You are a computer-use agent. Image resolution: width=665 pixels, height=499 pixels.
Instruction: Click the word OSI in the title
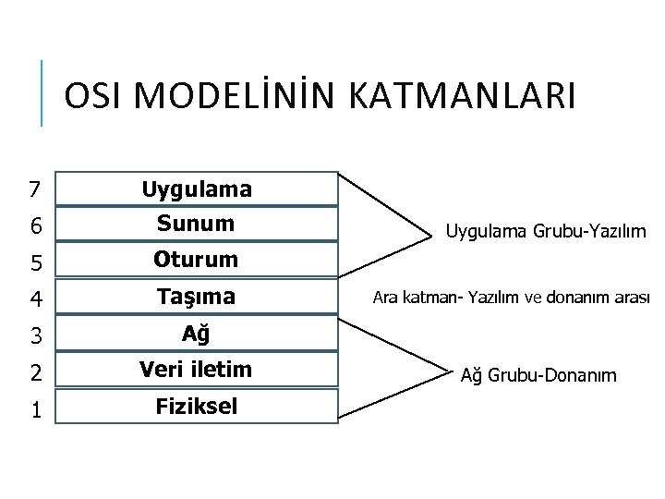coord(95,96)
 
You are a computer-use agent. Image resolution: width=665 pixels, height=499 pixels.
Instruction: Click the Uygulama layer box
coord(196,189)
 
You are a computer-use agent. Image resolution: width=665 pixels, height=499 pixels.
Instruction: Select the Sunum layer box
coord(196,224)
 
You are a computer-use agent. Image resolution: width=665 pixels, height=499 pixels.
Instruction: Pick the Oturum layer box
coord(196,261)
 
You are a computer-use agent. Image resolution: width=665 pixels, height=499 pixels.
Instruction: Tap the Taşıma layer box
coord(196,297)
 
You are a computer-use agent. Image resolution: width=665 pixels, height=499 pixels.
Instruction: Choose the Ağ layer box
coord(196,334)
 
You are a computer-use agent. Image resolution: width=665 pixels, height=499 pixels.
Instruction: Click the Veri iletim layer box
coord(196,370)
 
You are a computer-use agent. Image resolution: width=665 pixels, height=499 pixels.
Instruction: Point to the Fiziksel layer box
coord(196,406)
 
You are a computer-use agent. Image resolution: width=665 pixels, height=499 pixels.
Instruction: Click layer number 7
coord(34,190)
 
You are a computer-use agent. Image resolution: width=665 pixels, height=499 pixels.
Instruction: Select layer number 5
coord(34,262)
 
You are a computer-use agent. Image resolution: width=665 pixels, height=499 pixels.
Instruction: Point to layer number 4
coord(34,299)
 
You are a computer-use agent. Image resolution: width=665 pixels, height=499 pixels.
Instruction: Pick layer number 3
coord(34,335)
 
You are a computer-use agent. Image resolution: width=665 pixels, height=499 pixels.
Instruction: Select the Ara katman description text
coord(511,298)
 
